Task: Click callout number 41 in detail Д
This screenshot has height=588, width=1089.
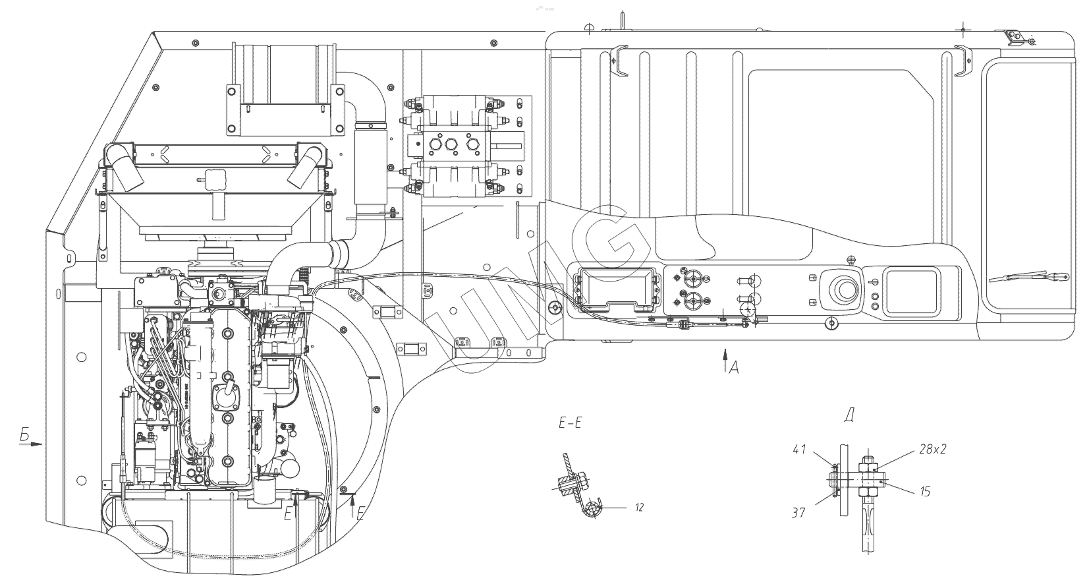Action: coord(799,450)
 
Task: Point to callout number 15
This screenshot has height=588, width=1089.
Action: coord(924,492)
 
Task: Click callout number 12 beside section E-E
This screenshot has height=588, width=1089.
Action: coord(638,508)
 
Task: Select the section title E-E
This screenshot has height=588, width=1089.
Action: coord(569,424)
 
